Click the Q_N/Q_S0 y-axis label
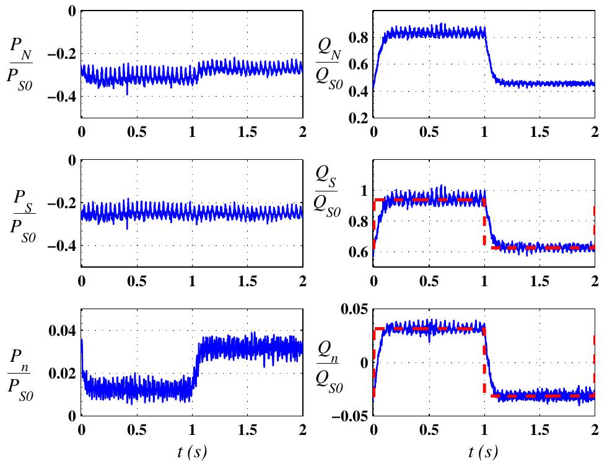[326, 64]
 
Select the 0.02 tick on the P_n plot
[61, 373]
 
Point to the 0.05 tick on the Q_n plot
[352, 309]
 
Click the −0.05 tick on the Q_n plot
[347, 415]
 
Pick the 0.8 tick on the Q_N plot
[356, 38]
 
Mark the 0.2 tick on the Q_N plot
[356, 118]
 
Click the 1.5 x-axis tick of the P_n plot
[248, 429]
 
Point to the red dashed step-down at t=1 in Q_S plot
[484, 223]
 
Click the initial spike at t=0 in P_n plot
[82, 344]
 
